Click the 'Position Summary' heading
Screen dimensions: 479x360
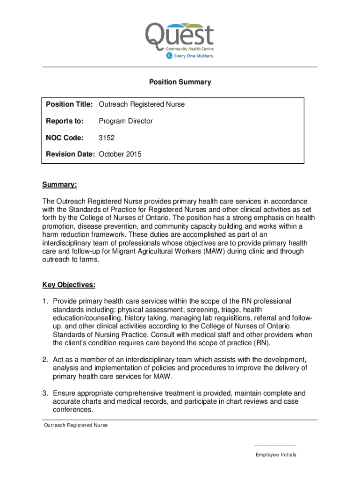point(180,82)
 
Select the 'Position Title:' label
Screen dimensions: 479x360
point(70,104)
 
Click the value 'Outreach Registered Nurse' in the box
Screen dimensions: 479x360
point(142,104)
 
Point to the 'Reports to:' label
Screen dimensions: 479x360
point(65,121)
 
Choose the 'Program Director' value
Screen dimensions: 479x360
point(126,121)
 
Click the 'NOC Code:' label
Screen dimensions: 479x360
point(65,138)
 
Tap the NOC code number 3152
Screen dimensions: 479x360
point(107,138)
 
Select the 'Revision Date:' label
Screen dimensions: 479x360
point(70,154)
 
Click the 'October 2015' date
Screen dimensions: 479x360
point(120,154)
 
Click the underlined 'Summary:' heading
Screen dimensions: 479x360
point(59,185)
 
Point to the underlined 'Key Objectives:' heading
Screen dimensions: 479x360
point(69,284)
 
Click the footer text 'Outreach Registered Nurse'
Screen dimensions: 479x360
point(76,425)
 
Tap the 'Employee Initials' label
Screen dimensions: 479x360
point(276,455)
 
